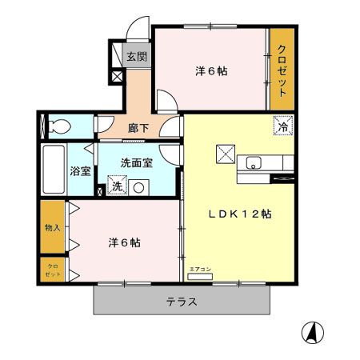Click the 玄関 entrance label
point(137,57)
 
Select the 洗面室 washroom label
point(136,162)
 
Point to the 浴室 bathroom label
point(80,170)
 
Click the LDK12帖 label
point(240,214)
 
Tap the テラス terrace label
point(182,302)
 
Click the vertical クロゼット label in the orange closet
point(282,70)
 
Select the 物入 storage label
point(52,227)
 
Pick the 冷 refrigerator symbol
point(283,125)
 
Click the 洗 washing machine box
point(117,187)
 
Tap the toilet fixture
point(58,126)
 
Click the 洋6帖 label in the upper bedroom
point(211,71)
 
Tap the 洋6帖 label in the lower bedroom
point(125,242)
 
